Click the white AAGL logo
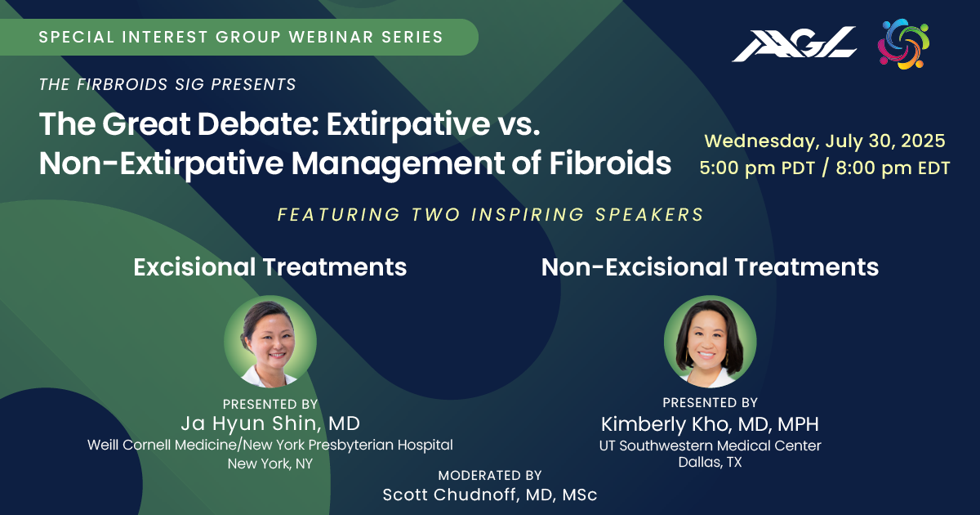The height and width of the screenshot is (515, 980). [x=794, y=44]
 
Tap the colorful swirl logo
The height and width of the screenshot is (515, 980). [x=903, y=44]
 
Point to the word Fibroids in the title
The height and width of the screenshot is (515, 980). [x=610, y=163]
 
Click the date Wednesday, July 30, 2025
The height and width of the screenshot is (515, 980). [x=825, y=141]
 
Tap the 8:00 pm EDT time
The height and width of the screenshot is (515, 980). [x=893, y=168]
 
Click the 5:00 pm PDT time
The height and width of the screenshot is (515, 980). [x=757, y=168]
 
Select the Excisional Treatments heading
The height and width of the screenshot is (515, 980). [x=270, y=267]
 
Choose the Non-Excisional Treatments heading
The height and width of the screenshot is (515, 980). [x=710, y=267]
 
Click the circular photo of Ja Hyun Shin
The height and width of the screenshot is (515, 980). [x=270, y=342]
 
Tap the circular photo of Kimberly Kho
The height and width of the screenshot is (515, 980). [x=710, y=342]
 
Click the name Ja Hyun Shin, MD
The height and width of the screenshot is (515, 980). [x=270, y=423]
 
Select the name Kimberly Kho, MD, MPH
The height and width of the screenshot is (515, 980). [x=710, y=424]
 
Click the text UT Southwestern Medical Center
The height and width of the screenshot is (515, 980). [x=710, y=446]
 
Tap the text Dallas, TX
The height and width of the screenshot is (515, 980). [x=710, y=463]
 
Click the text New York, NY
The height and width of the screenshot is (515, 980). [x=270, y=463]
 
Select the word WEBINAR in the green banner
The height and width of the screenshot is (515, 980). [x=330, y=38]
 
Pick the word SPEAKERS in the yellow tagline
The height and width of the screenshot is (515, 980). [x=649, y=214]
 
